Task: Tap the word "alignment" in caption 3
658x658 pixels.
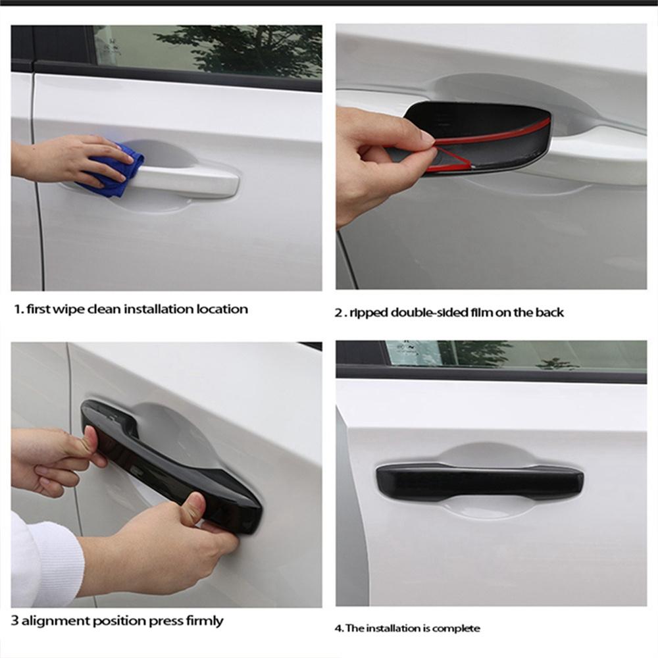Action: (x=52, y=620)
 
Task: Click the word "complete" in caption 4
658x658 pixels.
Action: (x=459, y=628)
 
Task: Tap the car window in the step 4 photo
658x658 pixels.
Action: (x=513, y=355)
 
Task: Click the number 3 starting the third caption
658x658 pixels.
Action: (x=14, y=620)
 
